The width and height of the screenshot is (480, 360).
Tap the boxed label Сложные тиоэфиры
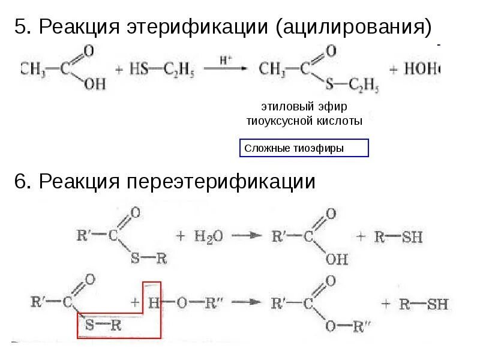pyautogui.click(x=304, y=148)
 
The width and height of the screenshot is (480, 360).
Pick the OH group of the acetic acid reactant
pyautogui.click(x=94, y=84)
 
